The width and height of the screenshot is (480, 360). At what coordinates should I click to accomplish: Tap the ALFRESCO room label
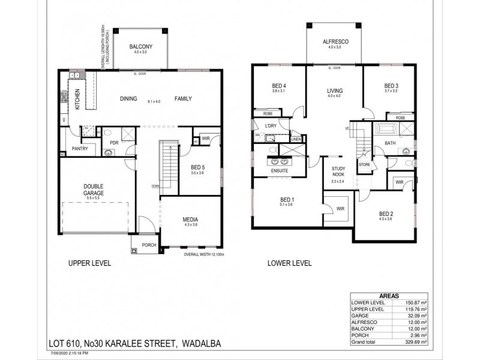coord(332,42)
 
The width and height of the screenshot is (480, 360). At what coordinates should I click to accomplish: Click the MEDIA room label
coord(190,220)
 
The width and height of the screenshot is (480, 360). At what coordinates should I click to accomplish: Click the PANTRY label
coord(80,148)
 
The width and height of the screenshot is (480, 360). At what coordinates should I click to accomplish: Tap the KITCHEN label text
coord(77,100)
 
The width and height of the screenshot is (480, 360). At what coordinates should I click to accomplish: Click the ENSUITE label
coord(280,171)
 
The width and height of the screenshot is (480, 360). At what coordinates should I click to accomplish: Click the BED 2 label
coord(386,214)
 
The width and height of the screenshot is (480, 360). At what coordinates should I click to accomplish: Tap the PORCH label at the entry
coord(149,245)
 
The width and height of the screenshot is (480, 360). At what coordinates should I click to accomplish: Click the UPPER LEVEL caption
coord(89,263)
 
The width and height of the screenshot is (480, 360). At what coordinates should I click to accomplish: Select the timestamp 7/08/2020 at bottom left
coord(61,353)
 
